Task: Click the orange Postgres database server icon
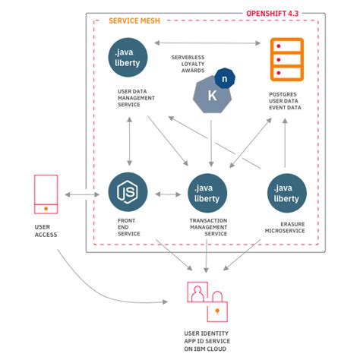point(286,59)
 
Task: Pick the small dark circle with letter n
point(224,78)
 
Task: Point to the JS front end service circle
point(128,192)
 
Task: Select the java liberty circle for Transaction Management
point(208,194)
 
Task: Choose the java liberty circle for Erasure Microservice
point(287,194)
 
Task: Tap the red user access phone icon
point(46,194)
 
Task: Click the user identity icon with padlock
point(207,299)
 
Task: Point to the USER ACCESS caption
point(46,230)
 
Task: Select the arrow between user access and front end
point(82,195)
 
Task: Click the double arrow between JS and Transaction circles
point(168,194)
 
